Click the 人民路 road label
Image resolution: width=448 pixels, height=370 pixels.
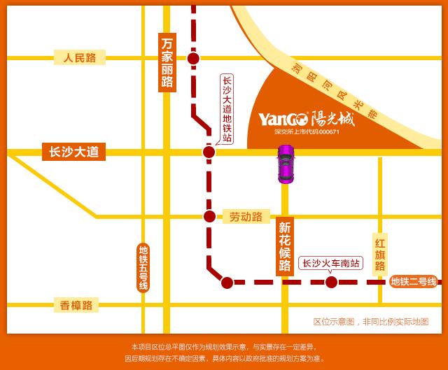79,57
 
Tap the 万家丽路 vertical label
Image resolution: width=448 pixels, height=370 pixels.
167,62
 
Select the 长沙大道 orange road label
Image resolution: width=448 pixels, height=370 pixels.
73,152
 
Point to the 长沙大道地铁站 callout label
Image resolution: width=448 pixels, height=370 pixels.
226,108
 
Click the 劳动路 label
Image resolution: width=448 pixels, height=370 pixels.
246,217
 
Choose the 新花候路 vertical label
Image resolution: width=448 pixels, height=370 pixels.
284,247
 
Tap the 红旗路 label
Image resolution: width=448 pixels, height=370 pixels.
380,255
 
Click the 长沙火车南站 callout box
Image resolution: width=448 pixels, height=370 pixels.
331,264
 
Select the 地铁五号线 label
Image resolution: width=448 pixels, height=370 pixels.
143,268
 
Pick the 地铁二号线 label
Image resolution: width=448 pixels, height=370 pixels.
413,282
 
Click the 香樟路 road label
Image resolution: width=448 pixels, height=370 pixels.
76,305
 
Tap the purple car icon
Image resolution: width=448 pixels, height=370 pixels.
286,164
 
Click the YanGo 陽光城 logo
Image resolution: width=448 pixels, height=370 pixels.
307,118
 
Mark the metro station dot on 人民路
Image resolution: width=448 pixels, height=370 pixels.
194,58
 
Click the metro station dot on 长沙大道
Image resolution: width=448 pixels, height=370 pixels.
209,152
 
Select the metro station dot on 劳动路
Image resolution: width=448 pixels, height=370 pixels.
209,217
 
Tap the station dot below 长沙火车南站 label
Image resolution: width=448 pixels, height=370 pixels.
331,283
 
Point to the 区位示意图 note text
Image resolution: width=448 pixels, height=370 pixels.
370,322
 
